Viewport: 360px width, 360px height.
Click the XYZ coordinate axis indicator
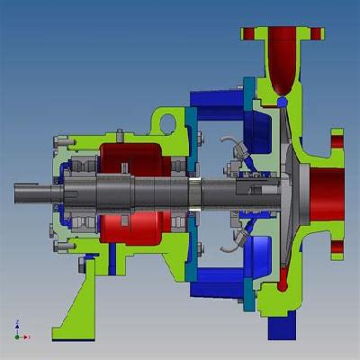[x=19, y=329]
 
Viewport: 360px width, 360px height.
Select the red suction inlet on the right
[x=326, y=193]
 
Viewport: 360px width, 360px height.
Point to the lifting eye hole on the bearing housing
[x=165, y=121]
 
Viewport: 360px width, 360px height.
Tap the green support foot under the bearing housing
[x=76, y=306]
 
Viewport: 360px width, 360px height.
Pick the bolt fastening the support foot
[x=88, y=262]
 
